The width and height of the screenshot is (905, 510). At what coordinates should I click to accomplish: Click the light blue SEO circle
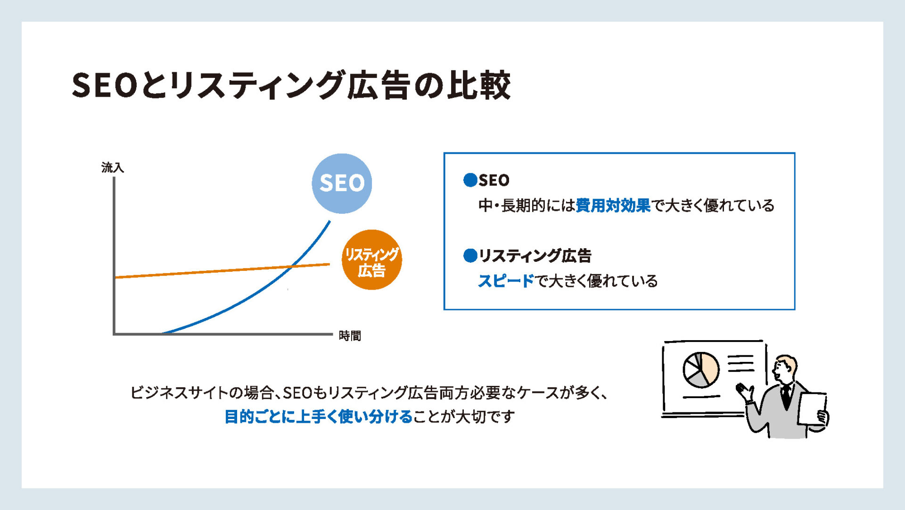point(342,184)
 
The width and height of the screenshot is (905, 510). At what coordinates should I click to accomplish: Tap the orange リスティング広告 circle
point(371,260)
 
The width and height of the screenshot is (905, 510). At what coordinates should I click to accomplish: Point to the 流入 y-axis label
point(113,167)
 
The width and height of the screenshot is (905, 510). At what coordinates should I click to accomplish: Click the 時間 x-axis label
point(350,336)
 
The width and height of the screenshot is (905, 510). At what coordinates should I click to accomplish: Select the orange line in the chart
point(222,271)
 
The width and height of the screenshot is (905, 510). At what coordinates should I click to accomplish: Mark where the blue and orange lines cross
point(293,266)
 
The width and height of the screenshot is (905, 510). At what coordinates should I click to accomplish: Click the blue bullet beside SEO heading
point(470,180)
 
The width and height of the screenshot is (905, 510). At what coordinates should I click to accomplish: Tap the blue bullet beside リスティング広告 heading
point(470,255)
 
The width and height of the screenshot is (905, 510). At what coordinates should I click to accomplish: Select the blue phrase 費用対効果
point(613,205)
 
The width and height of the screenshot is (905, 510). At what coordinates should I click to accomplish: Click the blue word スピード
point(506,281)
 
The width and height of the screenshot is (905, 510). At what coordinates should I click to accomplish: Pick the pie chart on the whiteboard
point(701,370)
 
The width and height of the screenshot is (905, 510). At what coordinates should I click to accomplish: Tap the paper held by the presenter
point(812,408)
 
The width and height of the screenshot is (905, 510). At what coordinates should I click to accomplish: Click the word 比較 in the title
point(479,85)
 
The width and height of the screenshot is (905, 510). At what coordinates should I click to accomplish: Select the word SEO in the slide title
point(105,85)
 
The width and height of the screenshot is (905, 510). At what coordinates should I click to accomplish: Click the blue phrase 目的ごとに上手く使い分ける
point(319,417)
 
